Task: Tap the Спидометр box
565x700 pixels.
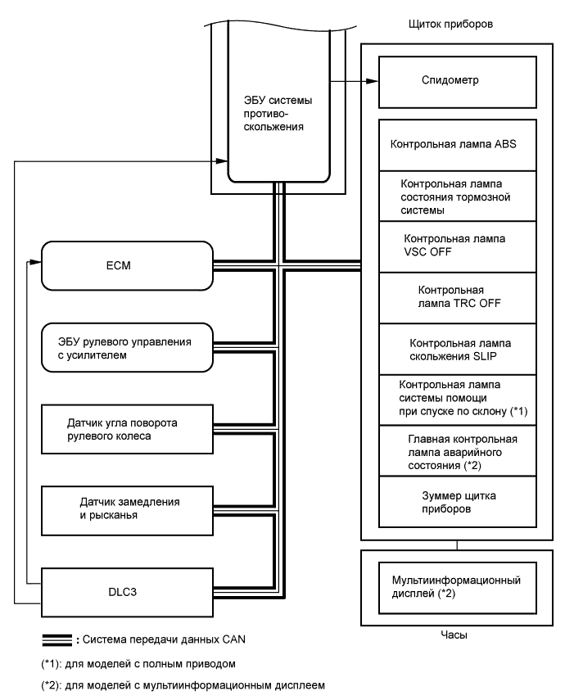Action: pyautogui.click(x=456, y=82)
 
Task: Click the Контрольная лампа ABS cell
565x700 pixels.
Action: pyautogui.click(x=456, y=145)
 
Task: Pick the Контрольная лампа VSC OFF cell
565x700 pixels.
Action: pyautogui.click(x=456, y=245)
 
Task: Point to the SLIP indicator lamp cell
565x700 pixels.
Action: pyautogui.click(x=456, y=348)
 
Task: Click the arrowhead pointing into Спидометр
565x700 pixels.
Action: pyautogui.click(x=374, y=82)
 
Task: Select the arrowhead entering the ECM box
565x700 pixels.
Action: pyautogui.click(x=35, y=263)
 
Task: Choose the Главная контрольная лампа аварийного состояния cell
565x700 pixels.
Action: pyautogui.click(x=456, y=451)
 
